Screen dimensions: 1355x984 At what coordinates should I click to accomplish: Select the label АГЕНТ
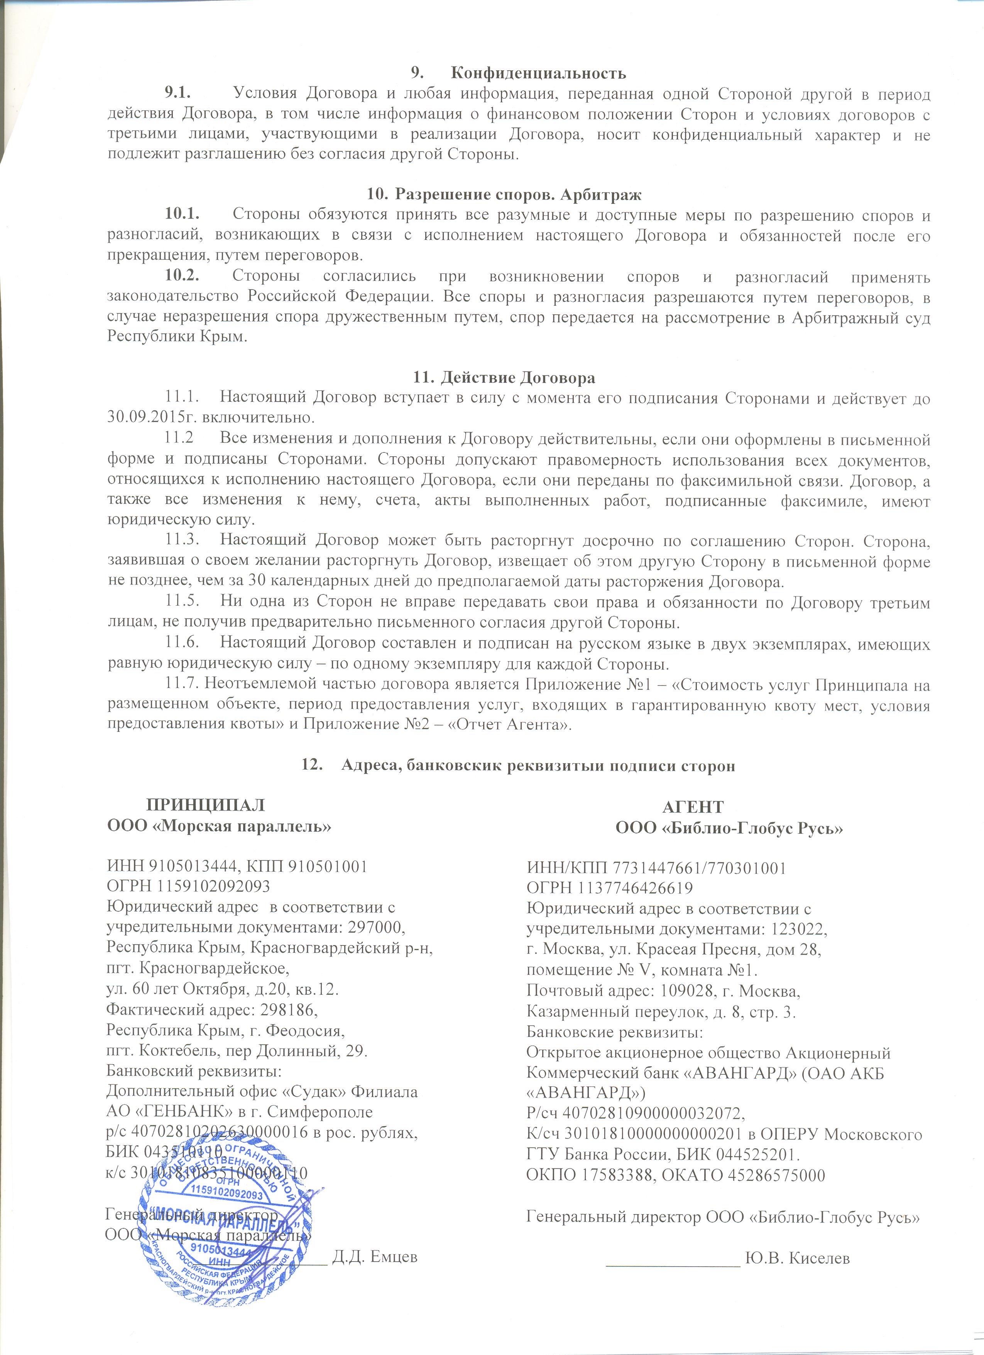click(693, 807)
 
